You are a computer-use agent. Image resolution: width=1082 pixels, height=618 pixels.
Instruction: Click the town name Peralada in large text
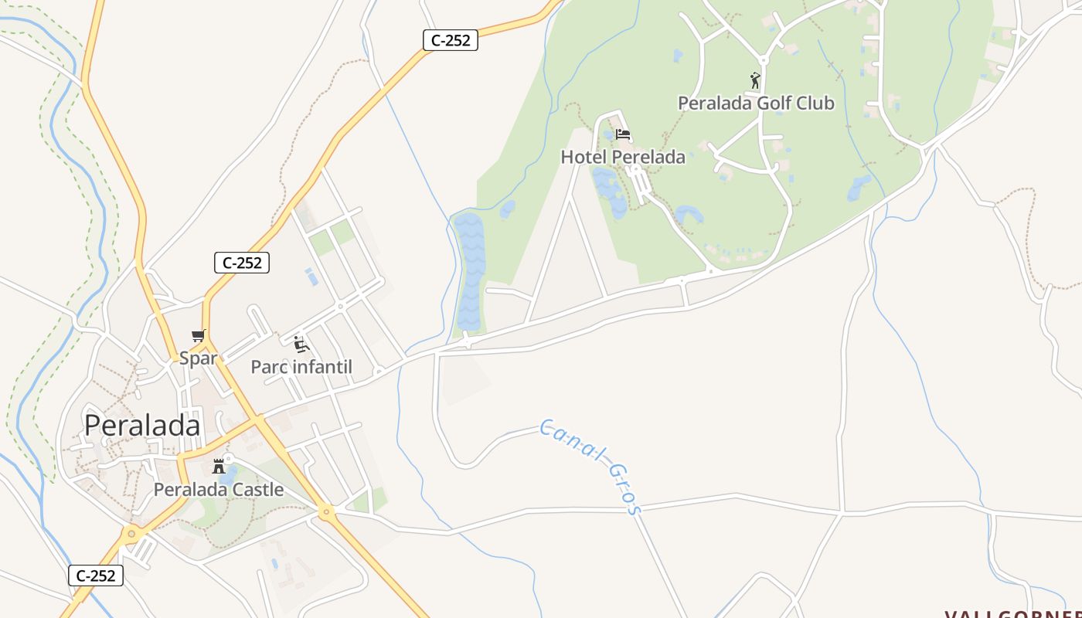(x=141, y=426)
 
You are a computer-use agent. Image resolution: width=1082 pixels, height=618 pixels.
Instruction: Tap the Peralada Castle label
(x=218, y=489)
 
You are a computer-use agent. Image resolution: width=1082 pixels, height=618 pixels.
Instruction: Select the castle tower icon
(x=219, y=466)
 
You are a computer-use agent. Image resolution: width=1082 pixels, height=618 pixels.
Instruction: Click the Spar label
(x=198, y=358)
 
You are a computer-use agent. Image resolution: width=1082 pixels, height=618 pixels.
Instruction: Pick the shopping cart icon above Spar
(x=199, y=336)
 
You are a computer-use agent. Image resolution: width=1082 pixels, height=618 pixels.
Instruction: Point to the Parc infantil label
(x=301, y=367)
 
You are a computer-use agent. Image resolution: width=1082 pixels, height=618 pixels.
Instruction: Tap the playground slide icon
(x=301, y=344)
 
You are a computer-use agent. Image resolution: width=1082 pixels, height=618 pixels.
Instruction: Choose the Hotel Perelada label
(x=622, y=157)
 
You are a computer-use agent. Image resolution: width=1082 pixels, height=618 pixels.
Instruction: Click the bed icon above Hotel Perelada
(x=623, y=134)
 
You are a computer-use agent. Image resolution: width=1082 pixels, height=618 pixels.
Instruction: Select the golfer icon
(x=755, y=80)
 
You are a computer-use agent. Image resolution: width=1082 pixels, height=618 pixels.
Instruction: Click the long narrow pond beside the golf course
(x=469, y=270)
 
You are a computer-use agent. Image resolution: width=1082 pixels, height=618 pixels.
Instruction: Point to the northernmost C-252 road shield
(x=450, y=40)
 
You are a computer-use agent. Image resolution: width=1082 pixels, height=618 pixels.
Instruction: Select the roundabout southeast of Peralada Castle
(x=326, y=511)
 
